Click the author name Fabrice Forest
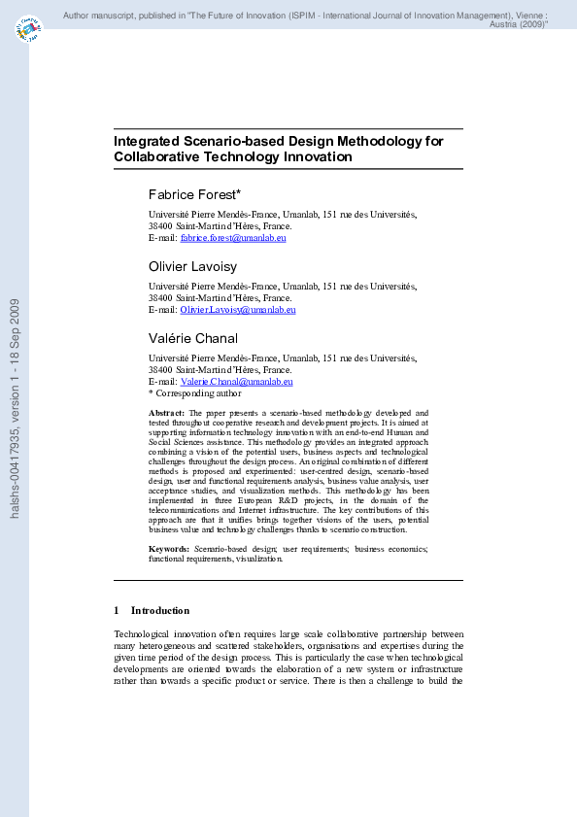point(193,194)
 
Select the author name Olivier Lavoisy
point(191,265)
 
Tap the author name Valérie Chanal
point(192,338)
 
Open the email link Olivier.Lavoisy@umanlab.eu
point(238,309)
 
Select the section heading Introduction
point(160,610)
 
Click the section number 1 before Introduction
point(117,610)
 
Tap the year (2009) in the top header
point(530,24)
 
